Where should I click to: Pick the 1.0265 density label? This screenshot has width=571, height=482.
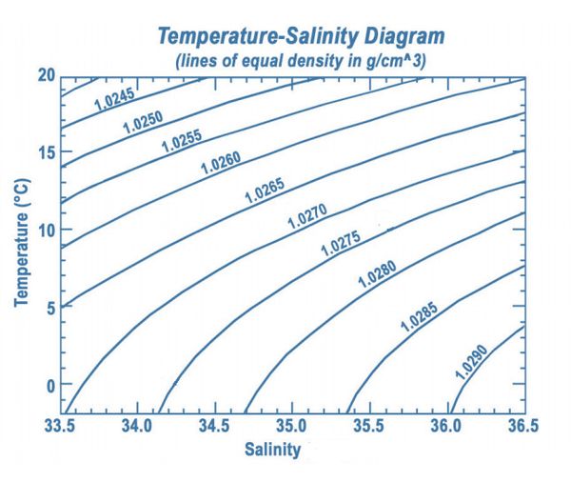point(265,190)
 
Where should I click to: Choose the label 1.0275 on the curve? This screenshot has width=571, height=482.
point(340,245)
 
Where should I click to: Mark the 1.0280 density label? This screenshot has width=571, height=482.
point(377,274)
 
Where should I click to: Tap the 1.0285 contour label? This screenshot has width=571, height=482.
point(418,315)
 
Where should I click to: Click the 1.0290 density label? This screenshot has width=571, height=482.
point(471,362)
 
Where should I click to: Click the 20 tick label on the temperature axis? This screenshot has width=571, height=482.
point(46,75)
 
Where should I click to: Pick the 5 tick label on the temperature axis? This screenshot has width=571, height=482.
point(49,307)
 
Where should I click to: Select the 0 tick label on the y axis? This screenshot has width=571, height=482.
point(49,385)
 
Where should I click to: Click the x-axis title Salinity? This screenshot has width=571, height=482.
point(272,448)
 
